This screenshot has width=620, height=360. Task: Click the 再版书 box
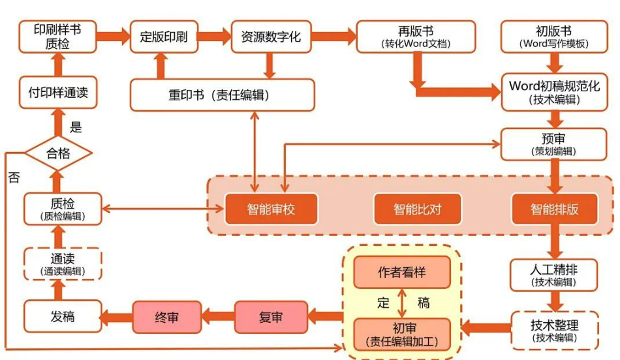(416, 37)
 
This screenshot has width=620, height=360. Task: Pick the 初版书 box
(553, 37)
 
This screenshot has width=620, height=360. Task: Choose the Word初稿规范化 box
(553, 92)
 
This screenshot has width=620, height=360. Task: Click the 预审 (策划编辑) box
(553, 144)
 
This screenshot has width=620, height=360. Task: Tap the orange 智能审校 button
(271, 209)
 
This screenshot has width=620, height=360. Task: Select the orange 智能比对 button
(417, 209)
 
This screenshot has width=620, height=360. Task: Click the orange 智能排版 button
(554, 209)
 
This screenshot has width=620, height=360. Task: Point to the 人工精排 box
(553, 274)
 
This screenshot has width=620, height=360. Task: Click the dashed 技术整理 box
(553, 330)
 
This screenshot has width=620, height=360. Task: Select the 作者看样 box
(402, 273)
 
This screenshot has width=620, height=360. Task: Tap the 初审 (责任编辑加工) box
(402, 334)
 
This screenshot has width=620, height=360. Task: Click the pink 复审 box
(271, 318)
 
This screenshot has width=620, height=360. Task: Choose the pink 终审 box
(166, 318)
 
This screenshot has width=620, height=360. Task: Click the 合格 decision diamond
(57, 154)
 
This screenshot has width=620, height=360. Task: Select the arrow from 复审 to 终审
(218, 318)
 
